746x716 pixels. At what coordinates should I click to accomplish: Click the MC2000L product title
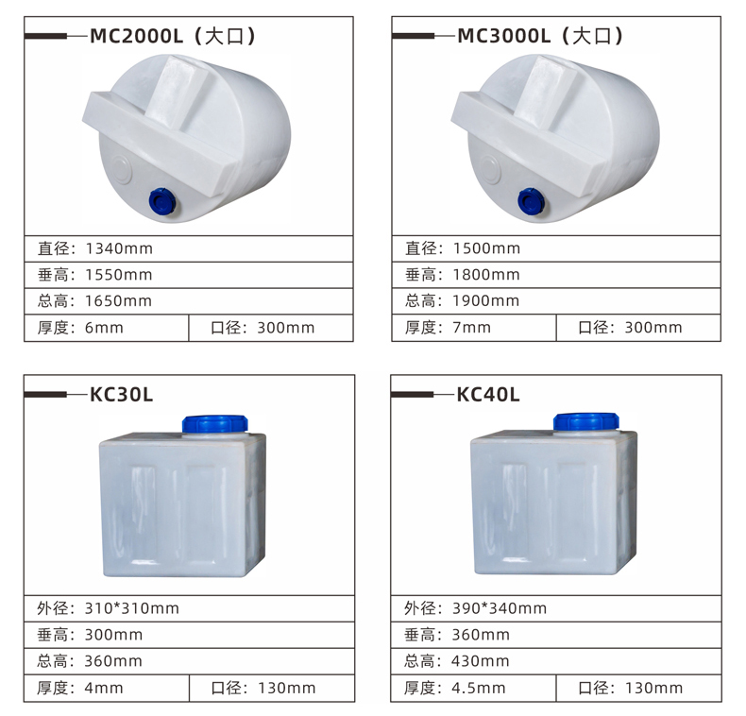pyautogui.click(x=173, y=36)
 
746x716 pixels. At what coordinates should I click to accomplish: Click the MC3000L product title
pyautogui.click(x=540, y=36)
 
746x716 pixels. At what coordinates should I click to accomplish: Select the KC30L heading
pyautogui.click(x=121, y=395)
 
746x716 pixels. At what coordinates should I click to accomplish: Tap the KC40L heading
pyautogui.click(x=488, y=395)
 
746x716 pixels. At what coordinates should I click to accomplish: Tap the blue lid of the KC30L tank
pyautogui.click(x=215, y=424)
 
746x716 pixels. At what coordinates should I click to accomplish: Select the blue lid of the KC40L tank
pyautogui.click(x=586, y=422)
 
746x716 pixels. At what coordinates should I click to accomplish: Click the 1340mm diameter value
pyautogui.click(x=119, y=248)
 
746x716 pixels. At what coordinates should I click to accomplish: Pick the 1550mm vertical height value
pyautogui.click(x=119, y=275)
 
